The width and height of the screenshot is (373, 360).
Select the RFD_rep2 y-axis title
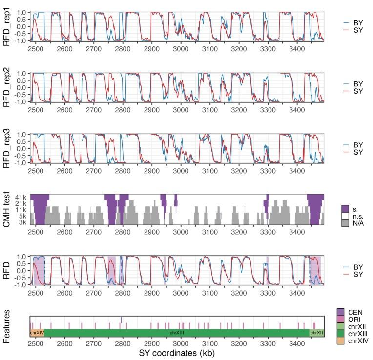click(x=8, y=87)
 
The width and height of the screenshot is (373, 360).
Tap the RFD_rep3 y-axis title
click(x=8, y=148)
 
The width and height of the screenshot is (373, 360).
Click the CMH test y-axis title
click(x=8, y=209)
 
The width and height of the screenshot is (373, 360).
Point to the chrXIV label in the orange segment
click(x=37, y=333)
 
